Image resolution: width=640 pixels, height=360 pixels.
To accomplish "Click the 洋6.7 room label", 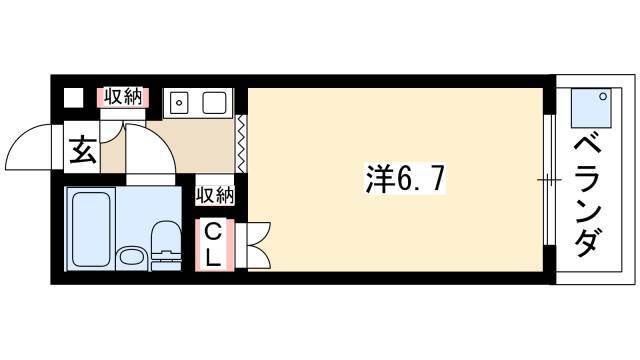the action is (404, 178).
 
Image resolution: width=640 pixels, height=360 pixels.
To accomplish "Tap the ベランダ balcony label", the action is (588, 197).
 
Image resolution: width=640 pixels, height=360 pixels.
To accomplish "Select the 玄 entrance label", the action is (83, 150).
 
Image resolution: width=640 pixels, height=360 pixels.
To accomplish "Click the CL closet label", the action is (213, 245).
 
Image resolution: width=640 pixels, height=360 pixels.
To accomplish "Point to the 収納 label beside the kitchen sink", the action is (123, 98).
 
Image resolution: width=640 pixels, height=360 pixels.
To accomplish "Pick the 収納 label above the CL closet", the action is (215, 195).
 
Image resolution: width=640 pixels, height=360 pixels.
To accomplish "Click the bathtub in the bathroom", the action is (91, 229).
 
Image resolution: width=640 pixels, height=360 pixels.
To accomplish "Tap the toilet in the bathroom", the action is (166, 245).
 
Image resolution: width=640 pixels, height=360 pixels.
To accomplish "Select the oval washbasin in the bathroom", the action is (132, 258).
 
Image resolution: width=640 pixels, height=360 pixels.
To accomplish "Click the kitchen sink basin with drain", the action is (180, 102).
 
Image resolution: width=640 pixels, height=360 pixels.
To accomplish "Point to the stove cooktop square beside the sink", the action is (214, 102).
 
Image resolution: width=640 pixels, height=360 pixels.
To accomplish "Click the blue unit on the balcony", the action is (591, 108).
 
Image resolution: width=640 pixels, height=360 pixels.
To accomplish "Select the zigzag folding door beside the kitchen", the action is (242, 144).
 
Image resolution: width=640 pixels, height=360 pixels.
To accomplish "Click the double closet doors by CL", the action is (258, 245).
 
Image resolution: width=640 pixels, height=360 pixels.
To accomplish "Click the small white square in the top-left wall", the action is (73, 98).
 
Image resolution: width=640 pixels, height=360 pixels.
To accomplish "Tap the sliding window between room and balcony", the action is (549, 180).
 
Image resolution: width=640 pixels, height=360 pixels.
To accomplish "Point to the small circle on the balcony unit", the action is (603, 96).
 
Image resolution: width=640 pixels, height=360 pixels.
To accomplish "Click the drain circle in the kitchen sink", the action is (179, 103).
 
